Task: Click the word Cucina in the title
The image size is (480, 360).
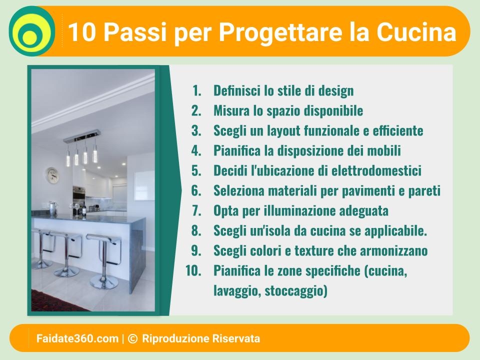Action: click(x=416, y=31)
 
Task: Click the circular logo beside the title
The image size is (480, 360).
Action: click(x=32, y=31)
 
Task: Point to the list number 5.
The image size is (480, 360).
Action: click(x=196, y=170)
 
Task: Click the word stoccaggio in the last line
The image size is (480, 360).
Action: click(x=296, y=290)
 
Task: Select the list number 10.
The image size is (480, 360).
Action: click(x=193, y=270)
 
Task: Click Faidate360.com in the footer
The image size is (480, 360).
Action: click(x=77, y=338)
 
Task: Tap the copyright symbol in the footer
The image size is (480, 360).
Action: click(x=132, y=338)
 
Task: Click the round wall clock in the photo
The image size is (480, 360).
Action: click(x=52, y=175)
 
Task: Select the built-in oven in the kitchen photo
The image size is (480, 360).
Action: click(x=78, y=196)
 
